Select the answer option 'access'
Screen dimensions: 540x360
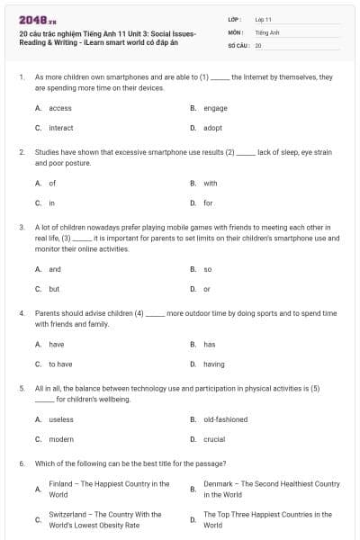click(60, 108)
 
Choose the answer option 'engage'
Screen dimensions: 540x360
click(215, 108)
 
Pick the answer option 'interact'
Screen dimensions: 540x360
click(61, 128)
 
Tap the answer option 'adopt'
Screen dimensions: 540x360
click(212, 128)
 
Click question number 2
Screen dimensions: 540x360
click(21, 153)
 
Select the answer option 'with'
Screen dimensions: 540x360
click(211, 183)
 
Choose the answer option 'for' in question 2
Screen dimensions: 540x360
click(208, 202)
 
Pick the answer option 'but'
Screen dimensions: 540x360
click(54, 289)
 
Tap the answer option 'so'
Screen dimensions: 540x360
click(207, 269)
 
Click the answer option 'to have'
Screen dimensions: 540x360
click(60, 364)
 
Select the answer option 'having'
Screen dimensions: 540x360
click(214, 364)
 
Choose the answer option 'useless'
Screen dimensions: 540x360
click(61, 419)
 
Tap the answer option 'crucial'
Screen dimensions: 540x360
click(215, 439)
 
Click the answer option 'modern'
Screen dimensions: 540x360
click(61, 439)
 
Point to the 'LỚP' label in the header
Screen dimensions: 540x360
click(234, 19)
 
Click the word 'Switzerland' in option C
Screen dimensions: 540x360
click(68, 515)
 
